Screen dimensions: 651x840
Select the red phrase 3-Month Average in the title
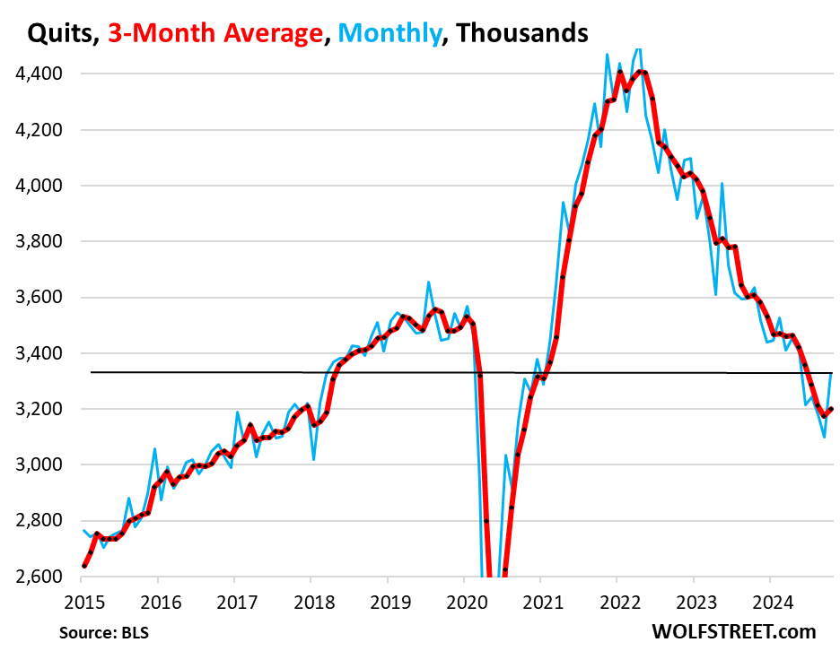tap(215, 33)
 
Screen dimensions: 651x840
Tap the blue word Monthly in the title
tap(391, 33)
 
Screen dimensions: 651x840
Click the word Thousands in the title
tap(521, 33)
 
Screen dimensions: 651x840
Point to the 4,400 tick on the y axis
tap(39, 74)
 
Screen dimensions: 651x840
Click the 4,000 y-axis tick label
tap(39, 186)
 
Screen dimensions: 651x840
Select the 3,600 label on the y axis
tap(39, 298)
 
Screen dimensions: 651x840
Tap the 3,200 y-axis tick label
tap(39, 409)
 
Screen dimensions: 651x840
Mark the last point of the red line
tap(831, 410)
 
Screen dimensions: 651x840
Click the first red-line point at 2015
tap(84, 566)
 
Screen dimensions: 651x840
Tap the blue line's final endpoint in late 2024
tap(832, 373)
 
